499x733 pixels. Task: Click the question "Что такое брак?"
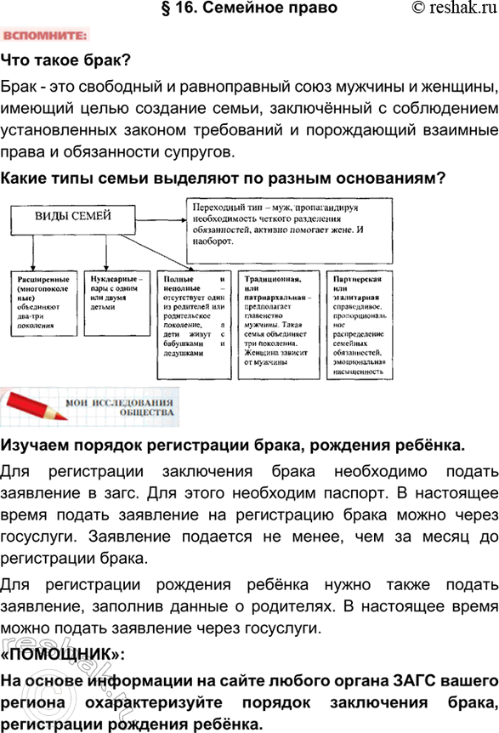coord(65,61)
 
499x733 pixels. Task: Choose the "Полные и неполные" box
coord(193,320)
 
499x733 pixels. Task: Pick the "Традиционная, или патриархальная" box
coord(278,320)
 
